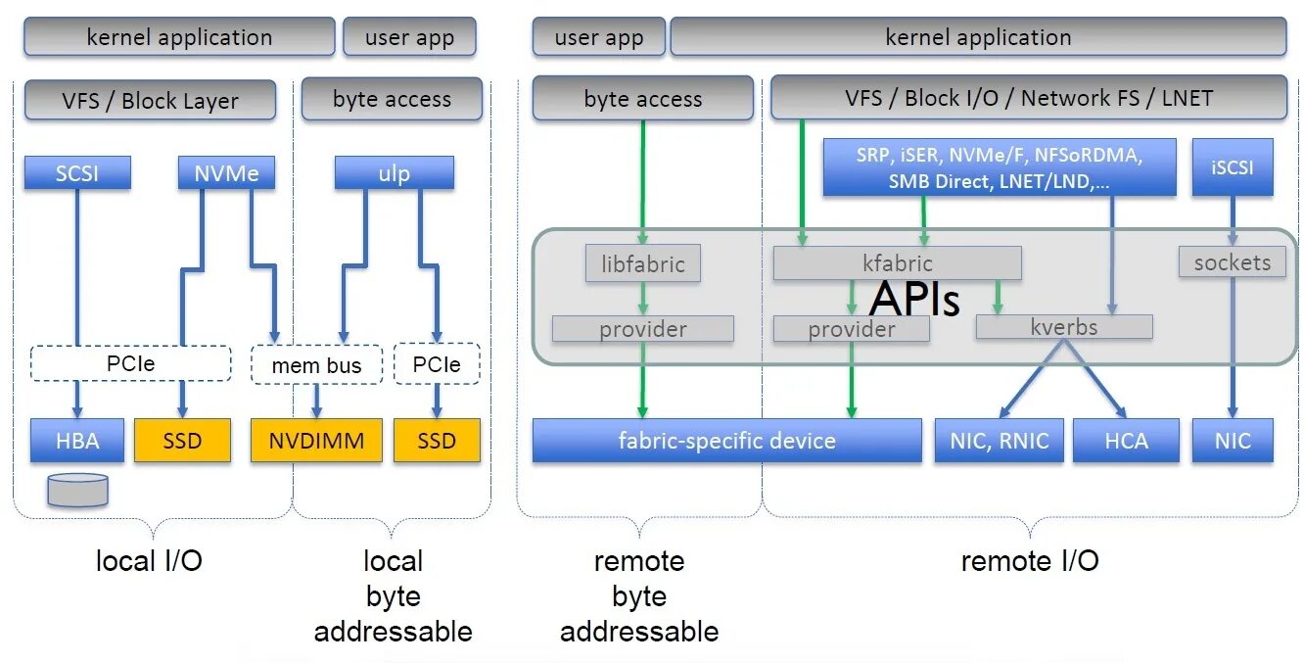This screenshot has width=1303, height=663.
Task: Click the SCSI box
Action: (x=77, y=172)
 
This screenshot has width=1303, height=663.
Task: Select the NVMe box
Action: (x=226, y=172)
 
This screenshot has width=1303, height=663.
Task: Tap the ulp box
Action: (x=394, y=172)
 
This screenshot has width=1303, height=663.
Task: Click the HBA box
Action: (x=77, y=440)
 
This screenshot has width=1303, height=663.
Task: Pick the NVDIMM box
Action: (x=316, y=440)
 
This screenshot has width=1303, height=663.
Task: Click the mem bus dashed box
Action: (x=316, y=365)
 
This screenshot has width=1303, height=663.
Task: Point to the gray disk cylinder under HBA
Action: (x=78, y=490)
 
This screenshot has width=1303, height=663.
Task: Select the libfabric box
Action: (x=643, y=263)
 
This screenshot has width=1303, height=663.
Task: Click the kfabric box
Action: (x=897, y=263)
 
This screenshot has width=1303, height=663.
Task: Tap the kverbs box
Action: (x=1064, y=326)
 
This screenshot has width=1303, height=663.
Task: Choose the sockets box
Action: (x=1233, y=261)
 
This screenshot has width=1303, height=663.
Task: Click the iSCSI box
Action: (x=1233, y=167)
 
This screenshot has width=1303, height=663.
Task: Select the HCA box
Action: (x=1126, y=440)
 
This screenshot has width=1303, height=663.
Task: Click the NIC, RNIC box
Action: (x=999, y=440)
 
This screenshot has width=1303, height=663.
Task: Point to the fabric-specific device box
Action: (x=727, y=440)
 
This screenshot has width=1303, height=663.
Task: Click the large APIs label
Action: (x=914, y=299)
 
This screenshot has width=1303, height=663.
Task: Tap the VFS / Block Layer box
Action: (x=150, y=100)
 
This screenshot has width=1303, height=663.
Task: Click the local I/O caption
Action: (x=149, y=560)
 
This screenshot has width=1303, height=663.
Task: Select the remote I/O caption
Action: (x=1030, y=560)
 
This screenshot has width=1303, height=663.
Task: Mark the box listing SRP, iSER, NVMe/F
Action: (x=1000, y=167)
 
